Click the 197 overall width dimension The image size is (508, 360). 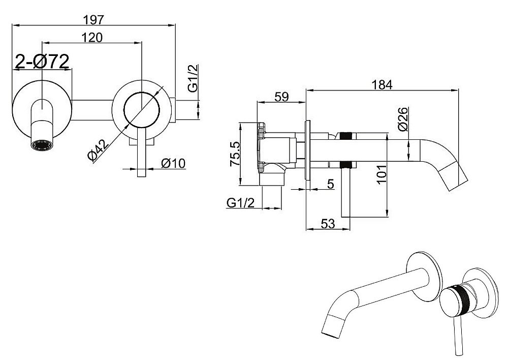pos(93,20)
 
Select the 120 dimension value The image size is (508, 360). pos(91,38)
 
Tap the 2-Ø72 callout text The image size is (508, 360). pos(43,61)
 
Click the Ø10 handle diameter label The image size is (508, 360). pos(173,163)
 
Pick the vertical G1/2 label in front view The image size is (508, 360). pos(193,78)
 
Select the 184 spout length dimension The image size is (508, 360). pos(382,84)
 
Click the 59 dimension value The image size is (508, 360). pos(281,97)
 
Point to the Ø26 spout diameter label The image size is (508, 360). pos(403,119)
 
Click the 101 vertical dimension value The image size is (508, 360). pos(382,174)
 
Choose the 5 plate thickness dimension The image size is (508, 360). pos(330,184)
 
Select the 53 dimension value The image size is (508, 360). pos(328,223)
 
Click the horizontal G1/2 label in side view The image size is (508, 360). pos(241,203)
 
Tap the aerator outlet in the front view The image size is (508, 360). pos(42,145)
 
